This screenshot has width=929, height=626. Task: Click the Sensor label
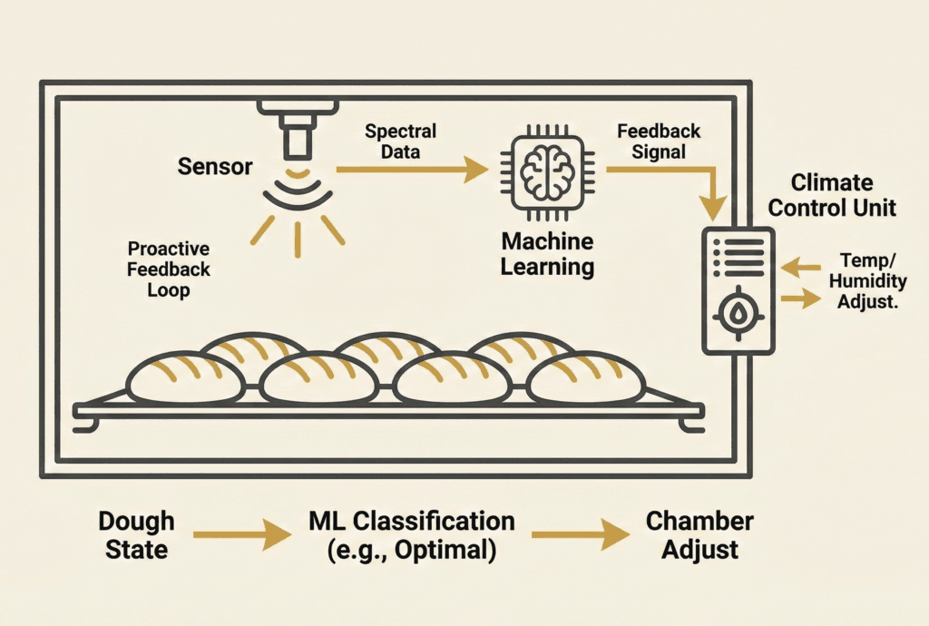[216, 167]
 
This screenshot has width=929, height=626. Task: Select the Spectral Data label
[400, 142]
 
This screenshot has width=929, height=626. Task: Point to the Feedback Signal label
[659, 142]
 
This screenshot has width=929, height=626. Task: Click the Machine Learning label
[548, 254]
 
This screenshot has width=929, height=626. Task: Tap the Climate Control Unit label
[831, 194]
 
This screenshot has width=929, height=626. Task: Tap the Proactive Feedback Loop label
[169, 269]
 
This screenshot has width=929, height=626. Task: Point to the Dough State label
[136, 535]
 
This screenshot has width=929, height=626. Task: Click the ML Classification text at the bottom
[411, 521]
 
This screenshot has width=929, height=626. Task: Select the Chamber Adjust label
[699, 535]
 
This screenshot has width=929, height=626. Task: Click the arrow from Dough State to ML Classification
[241, 535]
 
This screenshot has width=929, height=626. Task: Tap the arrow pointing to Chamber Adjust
[581, 535]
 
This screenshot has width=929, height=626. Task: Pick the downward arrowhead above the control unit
[714, 209]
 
